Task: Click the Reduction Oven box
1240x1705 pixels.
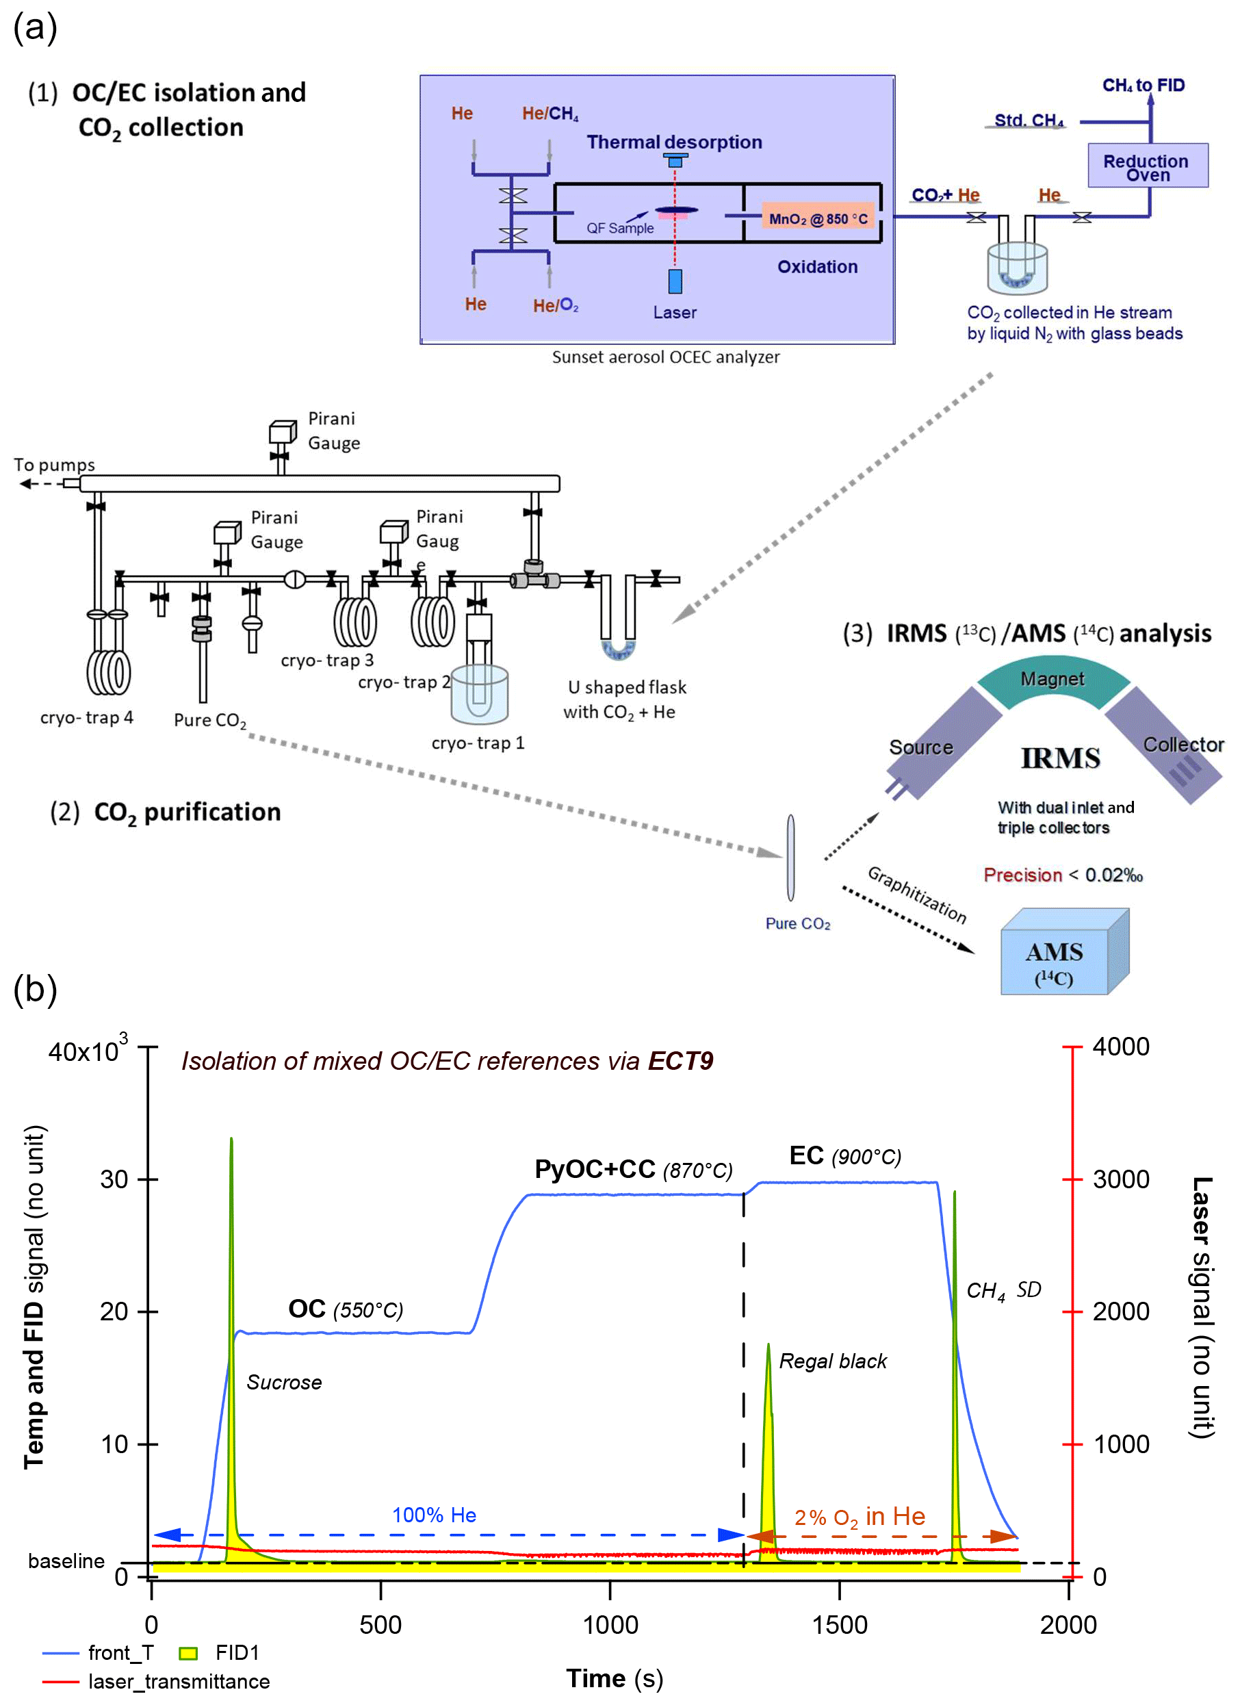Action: (x=1147, y=166)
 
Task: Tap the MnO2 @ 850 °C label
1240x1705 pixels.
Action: (x=818, y=219)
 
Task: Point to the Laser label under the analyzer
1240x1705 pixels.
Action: (x=674, y=312)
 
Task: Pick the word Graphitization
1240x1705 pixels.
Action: (x=916, y=895)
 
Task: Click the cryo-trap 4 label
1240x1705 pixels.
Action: (x=86, y=718)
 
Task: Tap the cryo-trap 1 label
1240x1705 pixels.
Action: (x=477, y=743)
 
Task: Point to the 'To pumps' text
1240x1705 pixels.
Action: (x=54, y=465)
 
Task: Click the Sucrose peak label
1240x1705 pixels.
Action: (x=284, y=1382)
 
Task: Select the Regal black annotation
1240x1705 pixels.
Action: (x=833, y=1361)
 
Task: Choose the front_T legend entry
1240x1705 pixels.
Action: (x=120, y=1652)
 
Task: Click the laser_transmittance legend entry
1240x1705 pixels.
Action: (x=178, y=1681)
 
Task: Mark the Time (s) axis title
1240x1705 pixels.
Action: (x=614, y=1679)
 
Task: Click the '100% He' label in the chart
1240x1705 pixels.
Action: (x=434, y=1515)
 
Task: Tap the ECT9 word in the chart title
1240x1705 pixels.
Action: (x=680, y=1061)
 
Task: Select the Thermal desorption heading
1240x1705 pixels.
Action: (x=674, y=142)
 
